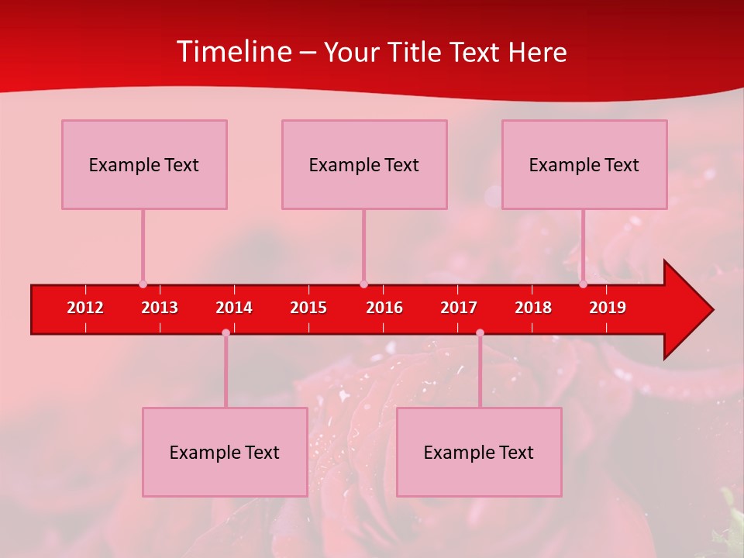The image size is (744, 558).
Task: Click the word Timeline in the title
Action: [x=234, y=52]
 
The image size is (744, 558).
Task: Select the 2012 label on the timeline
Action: [x=85, y=308]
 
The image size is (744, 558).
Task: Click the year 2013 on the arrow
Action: [x=160, y=308]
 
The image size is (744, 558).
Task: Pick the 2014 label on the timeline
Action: [x=234, y=308]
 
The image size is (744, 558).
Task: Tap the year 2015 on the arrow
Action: [x=308, y=308]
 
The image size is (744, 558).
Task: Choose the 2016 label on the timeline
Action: [x=384, y=308]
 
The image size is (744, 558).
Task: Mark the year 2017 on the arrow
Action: [x=459, y=308]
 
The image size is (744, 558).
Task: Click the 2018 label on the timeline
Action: [x=533, y=308]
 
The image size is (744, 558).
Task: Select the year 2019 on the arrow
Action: [x=608, y=308]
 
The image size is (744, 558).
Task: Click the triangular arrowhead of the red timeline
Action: [x=686, y=309]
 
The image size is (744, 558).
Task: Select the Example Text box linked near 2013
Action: [x=144, y=164]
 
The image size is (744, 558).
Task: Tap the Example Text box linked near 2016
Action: [x=364, y=164]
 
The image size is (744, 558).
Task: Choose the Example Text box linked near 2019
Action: [x=584, y=164]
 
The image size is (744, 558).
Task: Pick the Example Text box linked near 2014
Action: [x=225, y=452]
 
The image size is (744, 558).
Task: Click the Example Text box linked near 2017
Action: [x=479, y=452]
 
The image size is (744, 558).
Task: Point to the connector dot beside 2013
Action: [x=143, y=284]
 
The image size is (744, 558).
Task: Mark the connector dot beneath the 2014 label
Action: [x=226, y=332]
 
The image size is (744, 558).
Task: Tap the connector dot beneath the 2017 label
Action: [x=480, y=332]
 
